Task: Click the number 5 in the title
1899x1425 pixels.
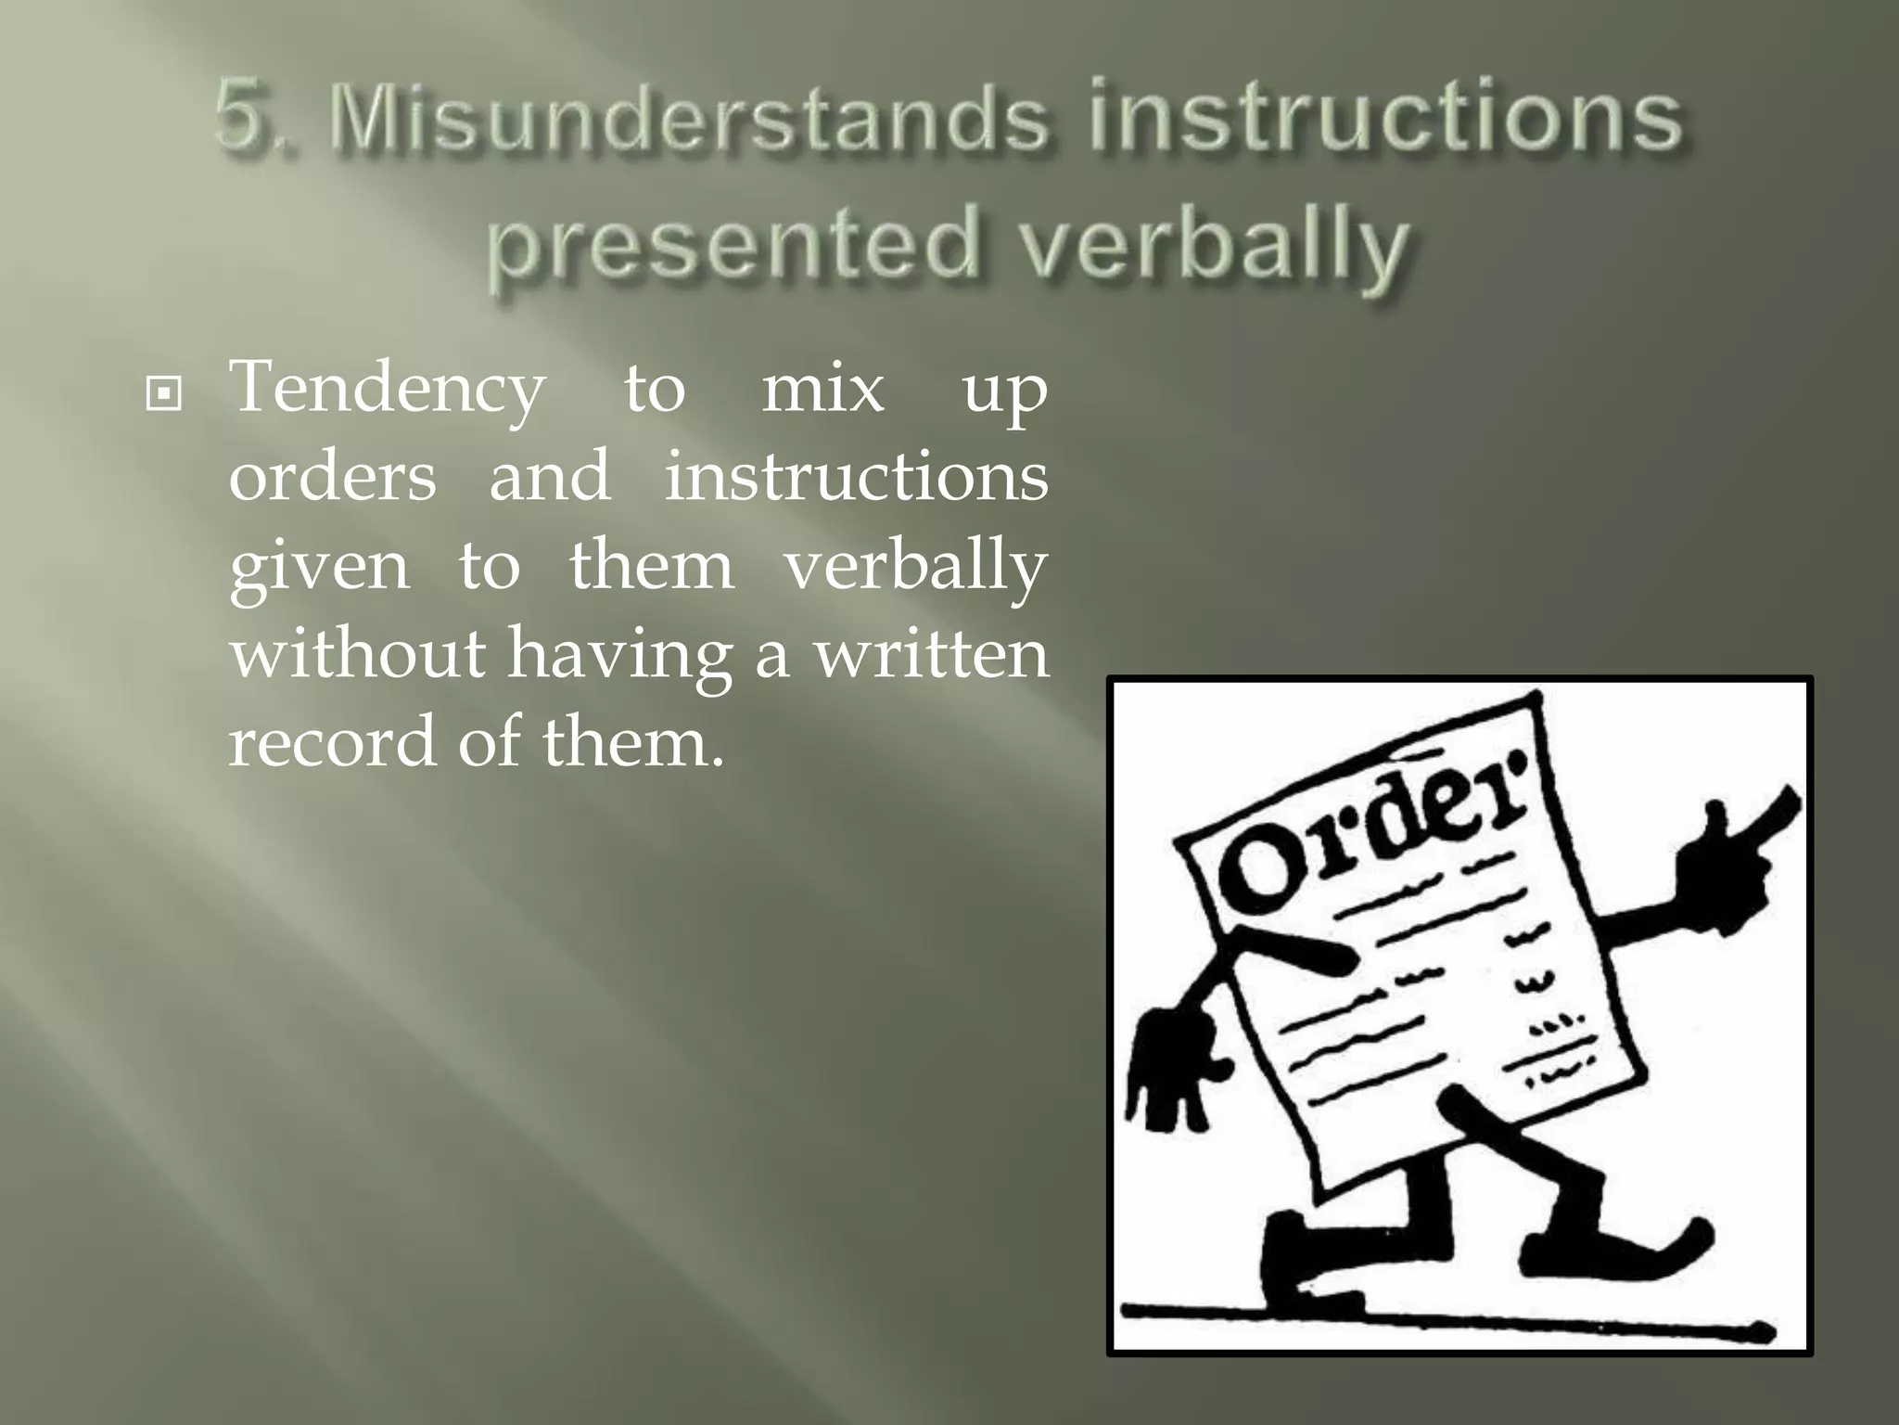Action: [x=243, y=119]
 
